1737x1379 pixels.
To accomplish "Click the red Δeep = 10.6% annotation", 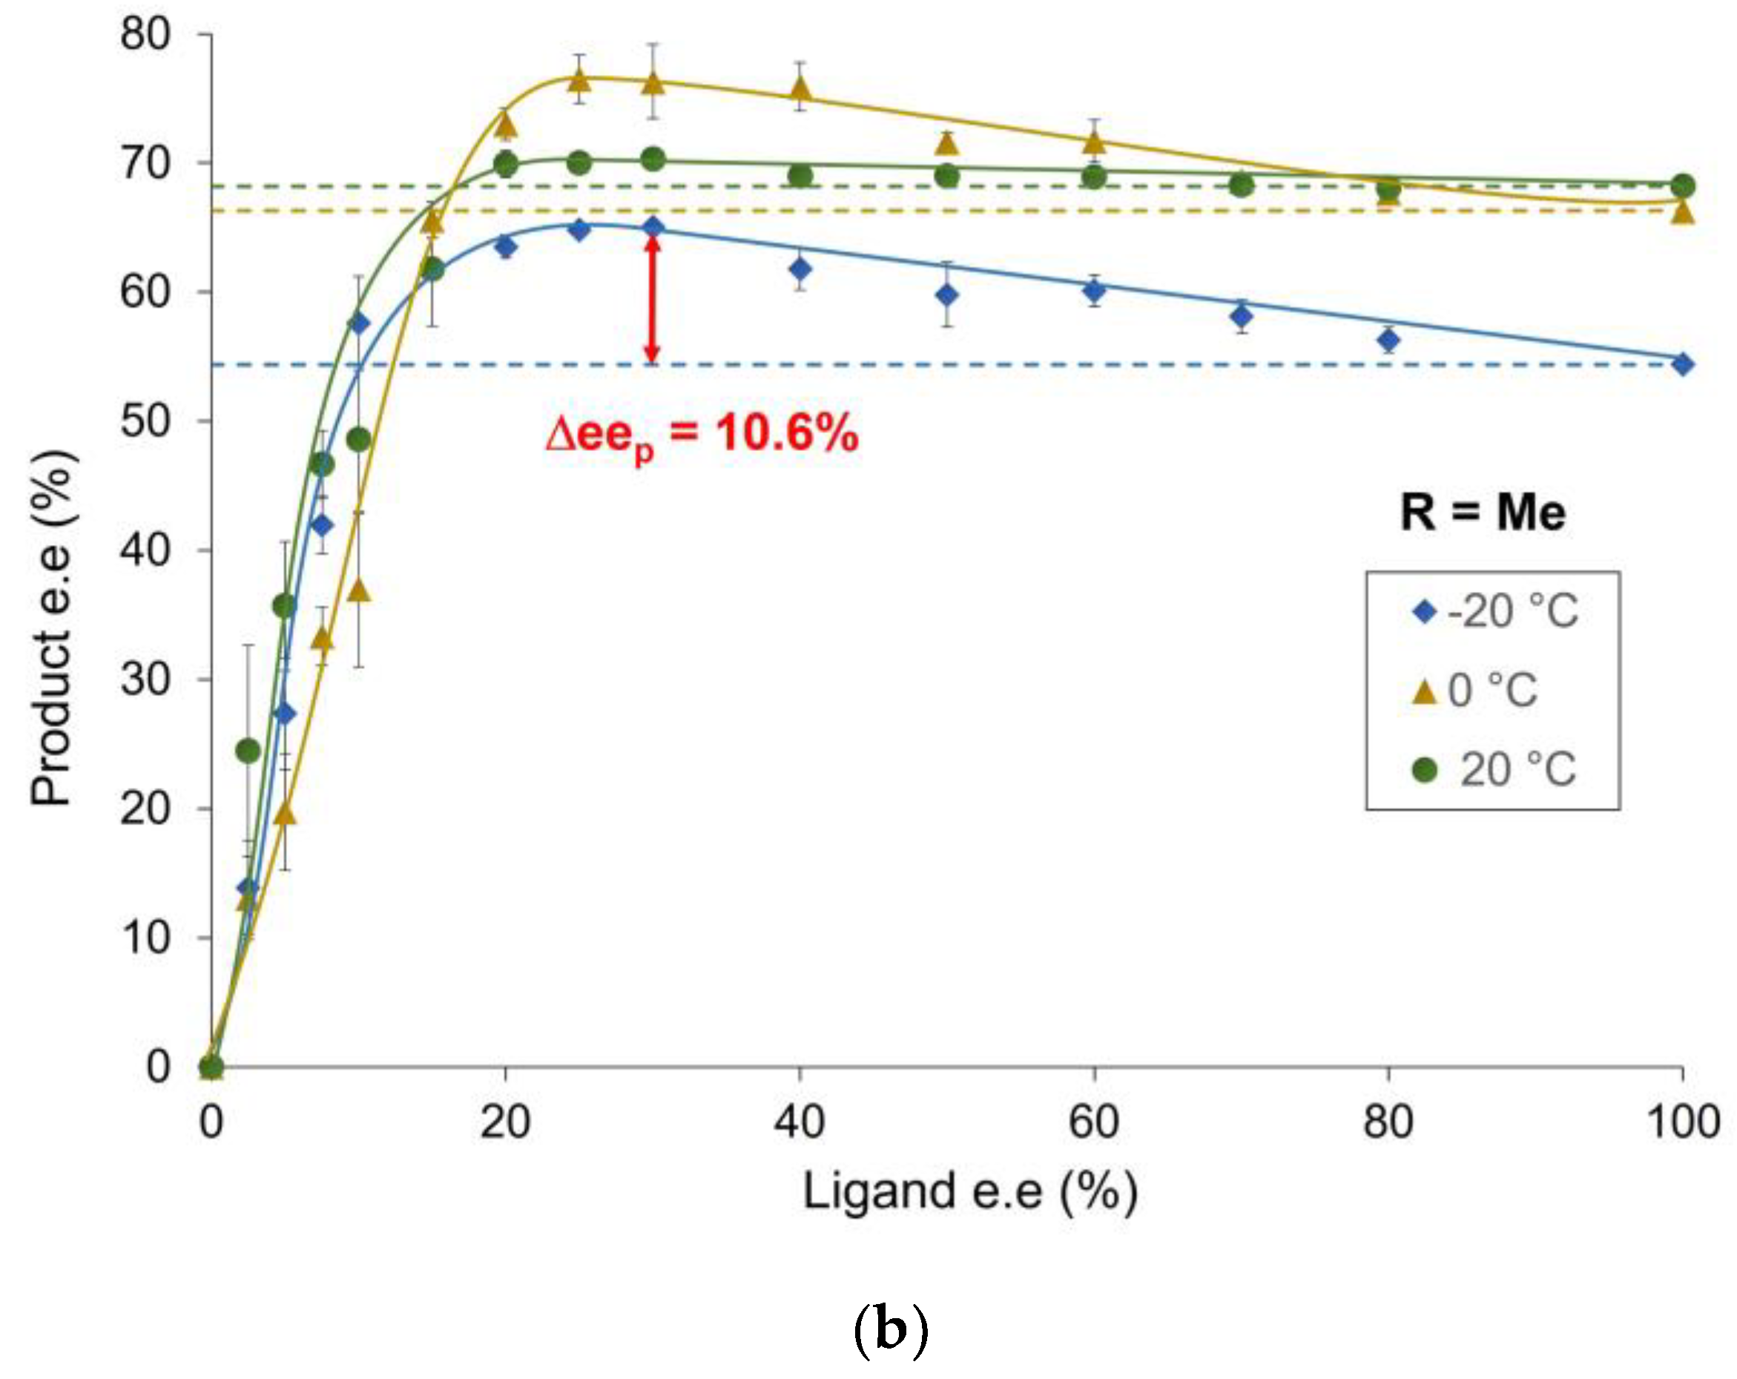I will pos(702,436).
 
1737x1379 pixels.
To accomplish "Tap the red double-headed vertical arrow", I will pos(653,299).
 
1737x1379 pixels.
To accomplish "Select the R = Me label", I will pos(1483,512).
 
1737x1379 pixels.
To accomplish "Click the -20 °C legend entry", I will pos(1495,612).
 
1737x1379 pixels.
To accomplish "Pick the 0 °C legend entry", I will pos(1475,691).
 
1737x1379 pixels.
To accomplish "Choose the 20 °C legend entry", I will pos(1495,770).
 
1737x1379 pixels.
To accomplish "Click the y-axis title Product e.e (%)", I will pos(53,628).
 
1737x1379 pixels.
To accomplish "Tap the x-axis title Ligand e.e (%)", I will pos(970,1192).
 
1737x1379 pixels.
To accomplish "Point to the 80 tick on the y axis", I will pos(146,35).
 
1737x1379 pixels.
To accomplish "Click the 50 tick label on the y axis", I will pos(146,421).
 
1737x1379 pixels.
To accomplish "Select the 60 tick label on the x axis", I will pos(1093,1122).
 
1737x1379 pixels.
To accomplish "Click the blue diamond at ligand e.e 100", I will pos(1682,364).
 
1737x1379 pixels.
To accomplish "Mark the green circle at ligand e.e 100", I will pos(1682,186).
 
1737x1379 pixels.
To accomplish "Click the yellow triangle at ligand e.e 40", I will pos(800,88).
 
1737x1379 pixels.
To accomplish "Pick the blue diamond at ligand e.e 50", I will pos(947,295).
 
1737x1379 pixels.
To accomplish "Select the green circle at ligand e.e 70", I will pos(1242,185).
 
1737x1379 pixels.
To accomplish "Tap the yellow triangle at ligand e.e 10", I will pos(359,590).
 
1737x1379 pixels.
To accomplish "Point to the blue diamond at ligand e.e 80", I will pos(1388,340).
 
